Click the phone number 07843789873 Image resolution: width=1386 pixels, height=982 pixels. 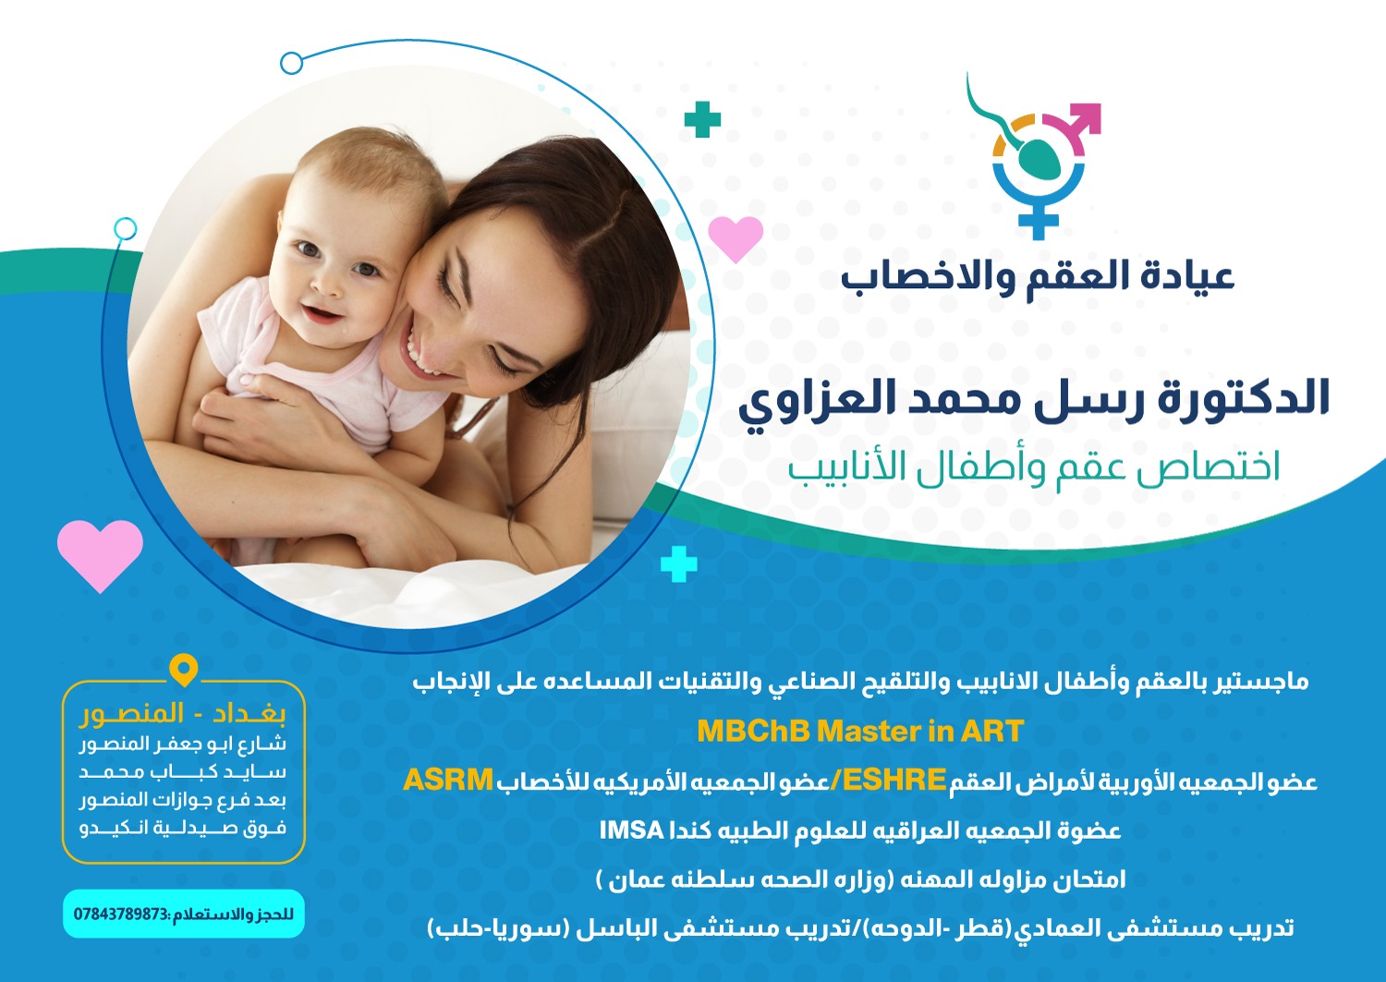pyautogui.click(x=121, y=914)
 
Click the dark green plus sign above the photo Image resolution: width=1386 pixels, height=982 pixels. pyautogui.click(x=702, y=119)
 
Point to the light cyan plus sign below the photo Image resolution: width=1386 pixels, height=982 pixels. pyautogui.click(x=679, y=564)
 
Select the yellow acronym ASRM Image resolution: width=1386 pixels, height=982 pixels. pyautogui.click(x=448, y=781)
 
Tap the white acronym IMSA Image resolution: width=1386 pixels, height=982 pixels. pyautogui.click(x=632, y=830)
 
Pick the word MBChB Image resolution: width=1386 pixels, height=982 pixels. pyautogui.click(x=753, y=732)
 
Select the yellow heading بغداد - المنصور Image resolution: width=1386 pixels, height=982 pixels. pyautogui.click(x=183, y=714)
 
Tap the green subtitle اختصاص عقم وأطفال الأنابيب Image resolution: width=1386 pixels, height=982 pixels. pyautogui.click(x=1034, y=468)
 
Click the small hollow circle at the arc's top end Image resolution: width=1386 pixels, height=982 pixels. pyautogui.click(x=291, y=63)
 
